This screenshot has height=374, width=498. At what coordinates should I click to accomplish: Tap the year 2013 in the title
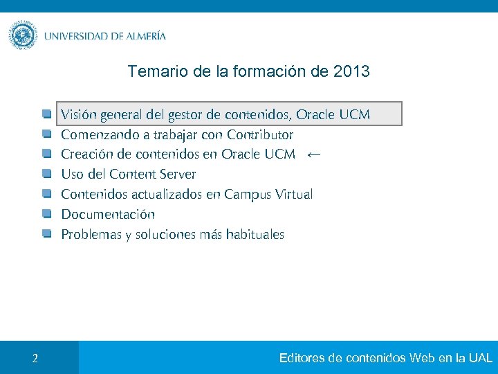pos(351,71)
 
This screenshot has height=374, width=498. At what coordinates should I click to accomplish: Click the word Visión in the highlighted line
pos(79,114)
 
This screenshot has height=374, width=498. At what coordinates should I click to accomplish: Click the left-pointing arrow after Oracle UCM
pos(313,154)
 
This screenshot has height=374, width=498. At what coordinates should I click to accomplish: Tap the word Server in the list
pos(178,174)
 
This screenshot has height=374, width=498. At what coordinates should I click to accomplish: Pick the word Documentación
pos(108,215)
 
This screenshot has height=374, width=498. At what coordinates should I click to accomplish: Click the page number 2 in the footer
pos(35,359)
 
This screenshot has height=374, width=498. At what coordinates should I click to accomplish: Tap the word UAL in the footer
pos(480,358)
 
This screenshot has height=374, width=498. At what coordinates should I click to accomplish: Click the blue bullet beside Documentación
pos(46,214)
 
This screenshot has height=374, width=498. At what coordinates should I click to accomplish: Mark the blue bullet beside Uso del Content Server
pos(46,173)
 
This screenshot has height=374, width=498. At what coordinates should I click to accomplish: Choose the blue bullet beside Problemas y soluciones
pos(46,234)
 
